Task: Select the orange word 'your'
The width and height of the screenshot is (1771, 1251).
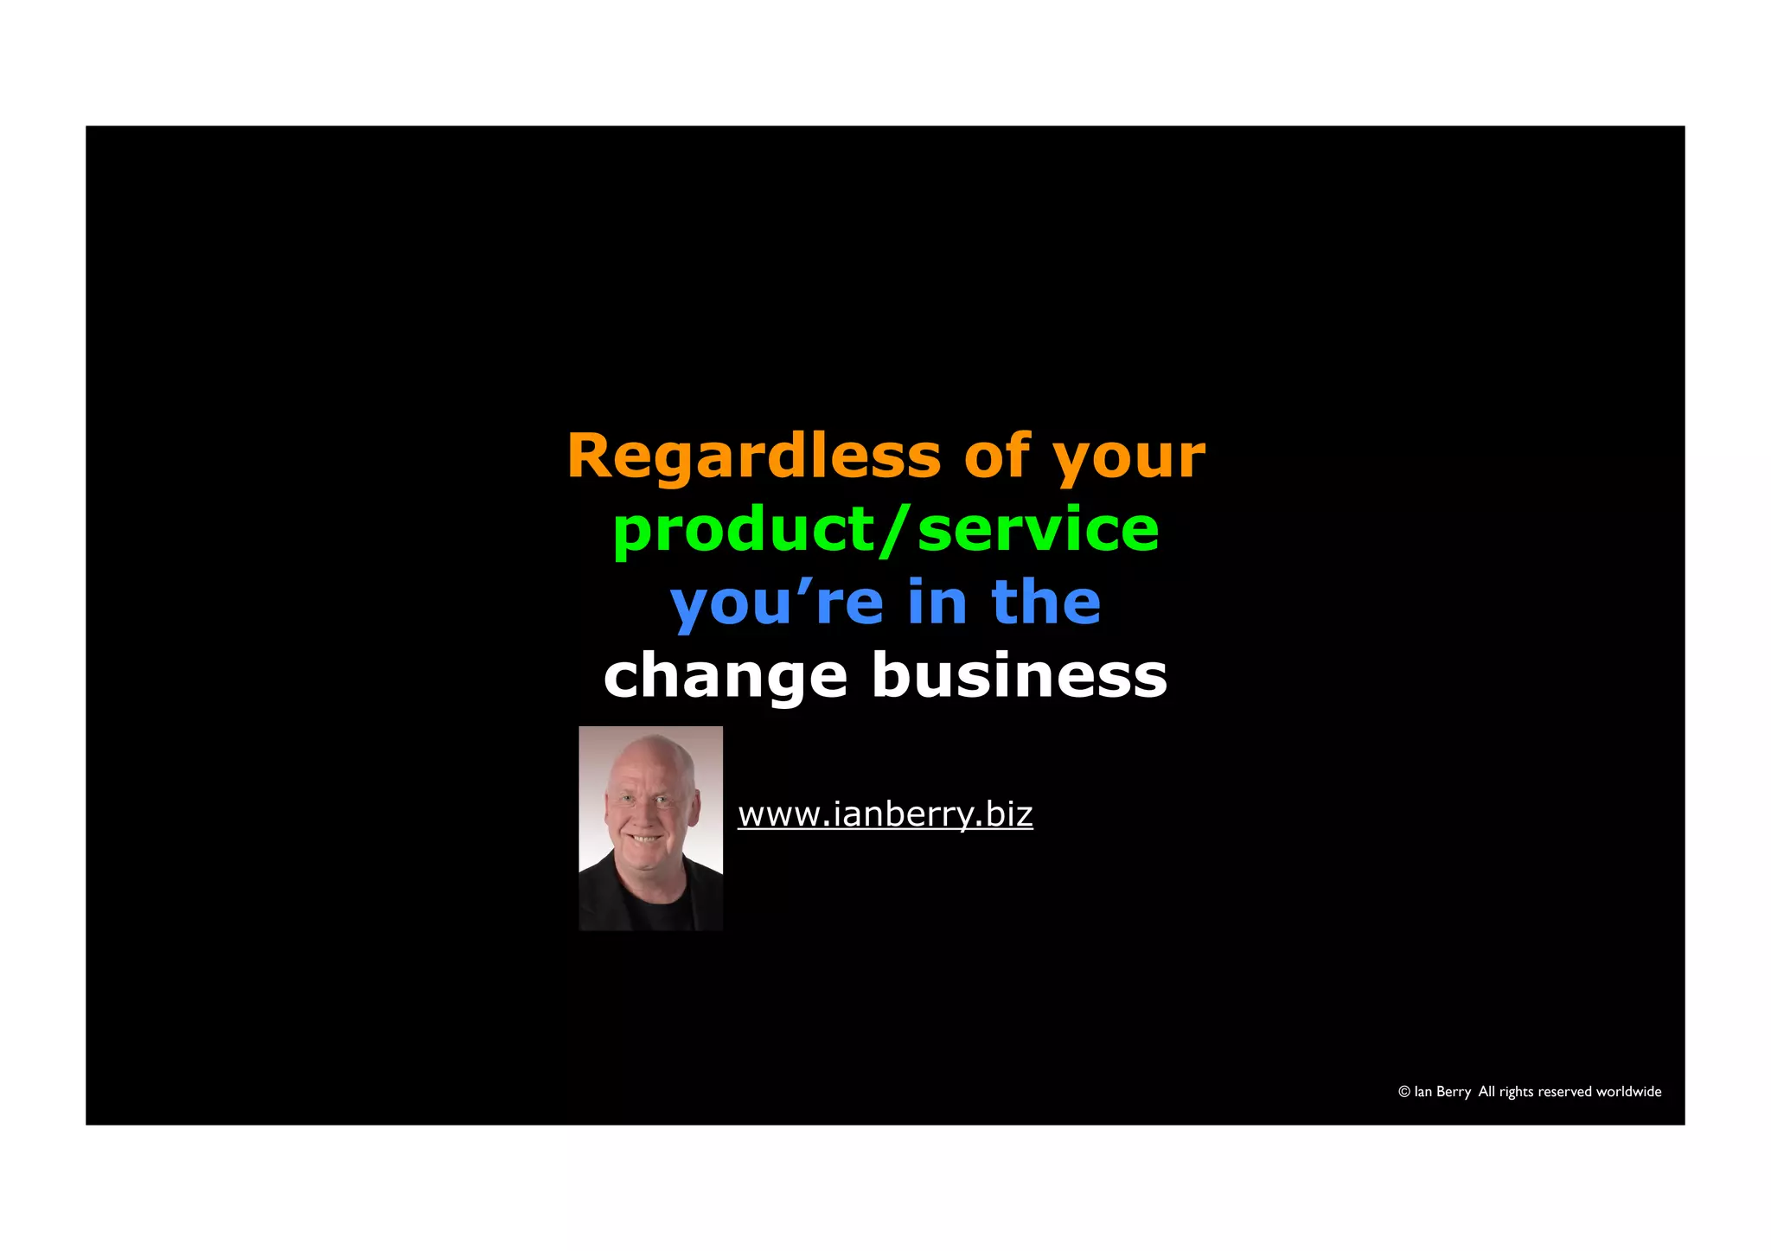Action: [x=1128, y=458]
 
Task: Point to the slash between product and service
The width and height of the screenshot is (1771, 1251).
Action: [x=894, y=530]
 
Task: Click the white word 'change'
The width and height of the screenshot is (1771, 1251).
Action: [x=725, y=677]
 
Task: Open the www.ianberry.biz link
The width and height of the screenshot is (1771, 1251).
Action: [x=885, y=814]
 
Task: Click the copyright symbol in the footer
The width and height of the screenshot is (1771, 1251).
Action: [x=1403, y=1092]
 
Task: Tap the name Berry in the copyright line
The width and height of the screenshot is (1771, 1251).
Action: [x=1454, y=1092]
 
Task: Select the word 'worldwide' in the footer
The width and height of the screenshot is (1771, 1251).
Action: [x=1628, y=1092]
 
